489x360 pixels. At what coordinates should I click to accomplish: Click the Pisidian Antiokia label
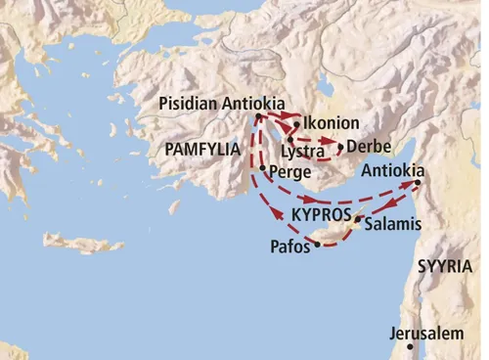[x=220, y=103]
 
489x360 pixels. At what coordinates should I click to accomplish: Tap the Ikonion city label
[x=332, y=124]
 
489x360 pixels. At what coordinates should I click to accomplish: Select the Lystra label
[x=302, y=152]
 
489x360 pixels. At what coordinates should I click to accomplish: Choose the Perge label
[x=289, y=170]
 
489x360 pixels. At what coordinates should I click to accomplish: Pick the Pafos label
[x=289, y=248]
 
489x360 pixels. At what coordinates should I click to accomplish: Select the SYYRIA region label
[x=444, y=266]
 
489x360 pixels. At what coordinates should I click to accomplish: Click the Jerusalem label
[x=425, y=334]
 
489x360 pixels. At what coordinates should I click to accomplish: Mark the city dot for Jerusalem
[x=411, y=347]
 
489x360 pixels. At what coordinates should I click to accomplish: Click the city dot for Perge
[x=262, y=168]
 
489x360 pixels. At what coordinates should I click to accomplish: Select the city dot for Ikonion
[x=295, y=125]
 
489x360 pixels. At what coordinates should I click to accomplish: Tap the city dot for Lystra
[x=290, y=140]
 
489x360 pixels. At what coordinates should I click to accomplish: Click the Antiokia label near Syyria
[x=393, y=169]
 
